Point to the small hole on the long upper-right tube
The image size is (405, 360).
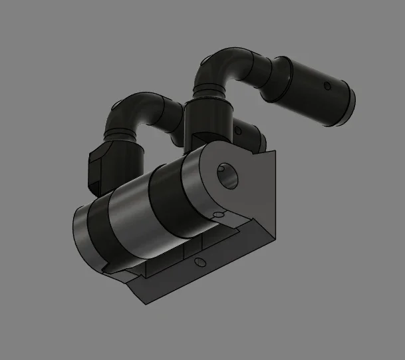(327, 86)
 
